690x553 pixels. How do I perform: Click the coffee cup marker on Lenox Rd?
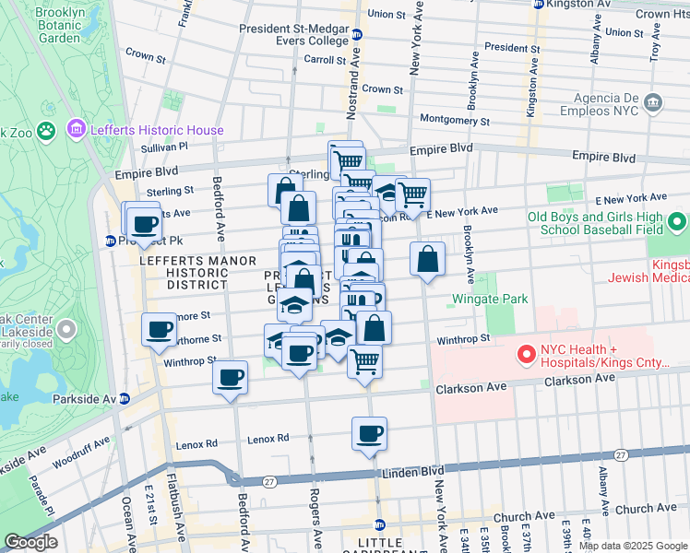369,434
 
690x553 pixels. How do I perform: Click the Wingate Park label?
490,299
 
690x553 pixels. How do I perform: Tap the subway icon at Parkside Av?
125,398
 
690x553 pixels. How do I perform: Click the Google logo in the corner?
30,542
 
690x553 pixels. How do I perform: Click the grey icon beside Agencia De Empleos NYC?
654,101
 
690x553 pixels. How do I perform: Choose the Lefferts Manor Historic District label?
171,273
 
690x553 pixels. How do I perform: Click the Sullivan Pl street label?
165,146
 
